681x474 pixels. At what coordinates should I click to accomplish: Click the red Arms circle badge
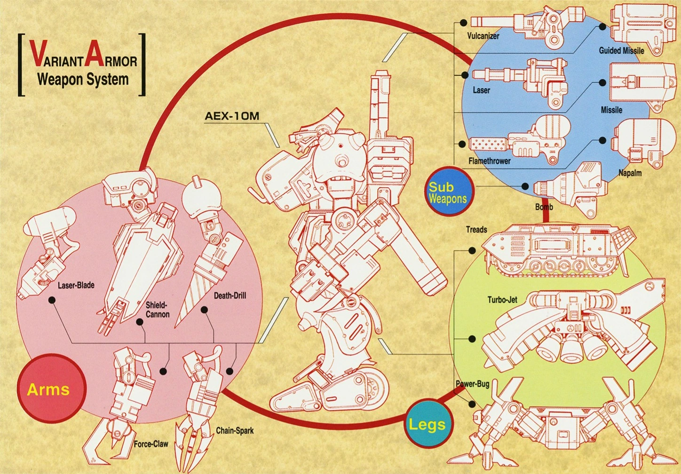48,389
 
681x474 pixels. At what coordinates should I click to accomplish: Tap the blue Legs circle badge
427,425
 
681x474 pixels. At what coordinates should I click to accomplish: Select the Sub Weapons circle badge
448,192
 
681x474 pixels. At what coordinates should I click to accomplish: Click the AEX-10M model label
232,116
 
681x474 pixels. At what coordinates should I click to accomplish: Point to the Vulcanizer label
483,36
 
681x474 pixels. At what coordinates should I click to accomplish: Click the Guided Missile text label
621,50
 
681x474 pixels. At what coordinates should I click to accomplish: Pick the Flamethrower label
489,161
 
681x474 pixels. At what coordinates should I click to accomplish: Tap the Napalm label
630,173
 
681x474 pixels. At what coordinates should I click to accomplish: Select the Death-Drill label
230,296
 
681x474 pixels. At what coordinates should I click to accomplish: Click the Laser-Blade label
76,285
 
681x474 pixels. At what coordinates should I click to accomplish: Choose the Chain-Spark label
235,430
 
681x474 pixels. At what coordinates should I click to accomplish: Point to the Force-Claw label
150,443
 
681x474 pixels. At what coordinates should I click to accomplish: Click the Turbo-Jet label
502,299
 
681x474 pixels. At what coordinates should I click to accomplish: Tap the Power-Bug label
472,384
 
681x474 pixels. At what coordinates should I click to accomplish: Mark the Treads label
476,230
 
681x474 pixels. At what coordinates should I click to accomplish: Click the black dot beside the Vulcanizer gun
463,22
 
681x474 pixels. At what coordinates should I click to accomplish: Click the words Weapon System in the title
83,79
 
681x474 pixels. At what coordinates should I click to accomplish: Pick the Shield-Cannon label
157,309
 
